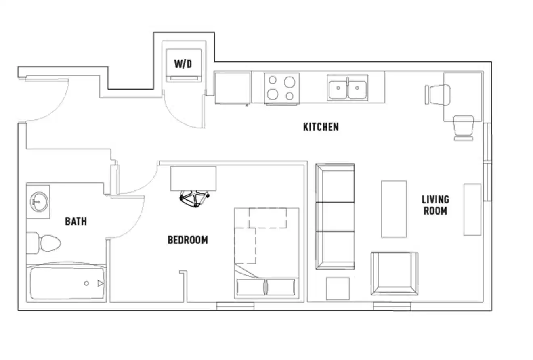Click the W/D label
pos(183,64)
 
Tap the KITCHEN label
pos(321,127)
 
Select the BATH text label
pos(76,221)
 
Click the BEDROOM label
pos(188,240)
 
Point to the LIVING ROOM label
pos(435,205)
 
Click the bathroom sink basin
pos(39,201)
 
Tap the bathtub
pos(67,283)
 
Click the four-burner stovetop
pos(281,88)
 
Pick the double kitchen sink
pos(347,89)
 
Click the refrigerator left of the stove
pos(232,88)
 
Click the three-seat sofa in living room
pos(335,216)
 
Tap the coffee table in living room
pos(394,209)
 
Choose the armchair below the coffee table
pos(395,273)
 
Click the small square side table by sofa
pos(338,289)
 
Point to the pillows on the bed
pos(266,287)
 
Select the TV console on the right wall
pos(472,209)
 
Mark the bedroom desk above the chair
pos(193,178)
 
